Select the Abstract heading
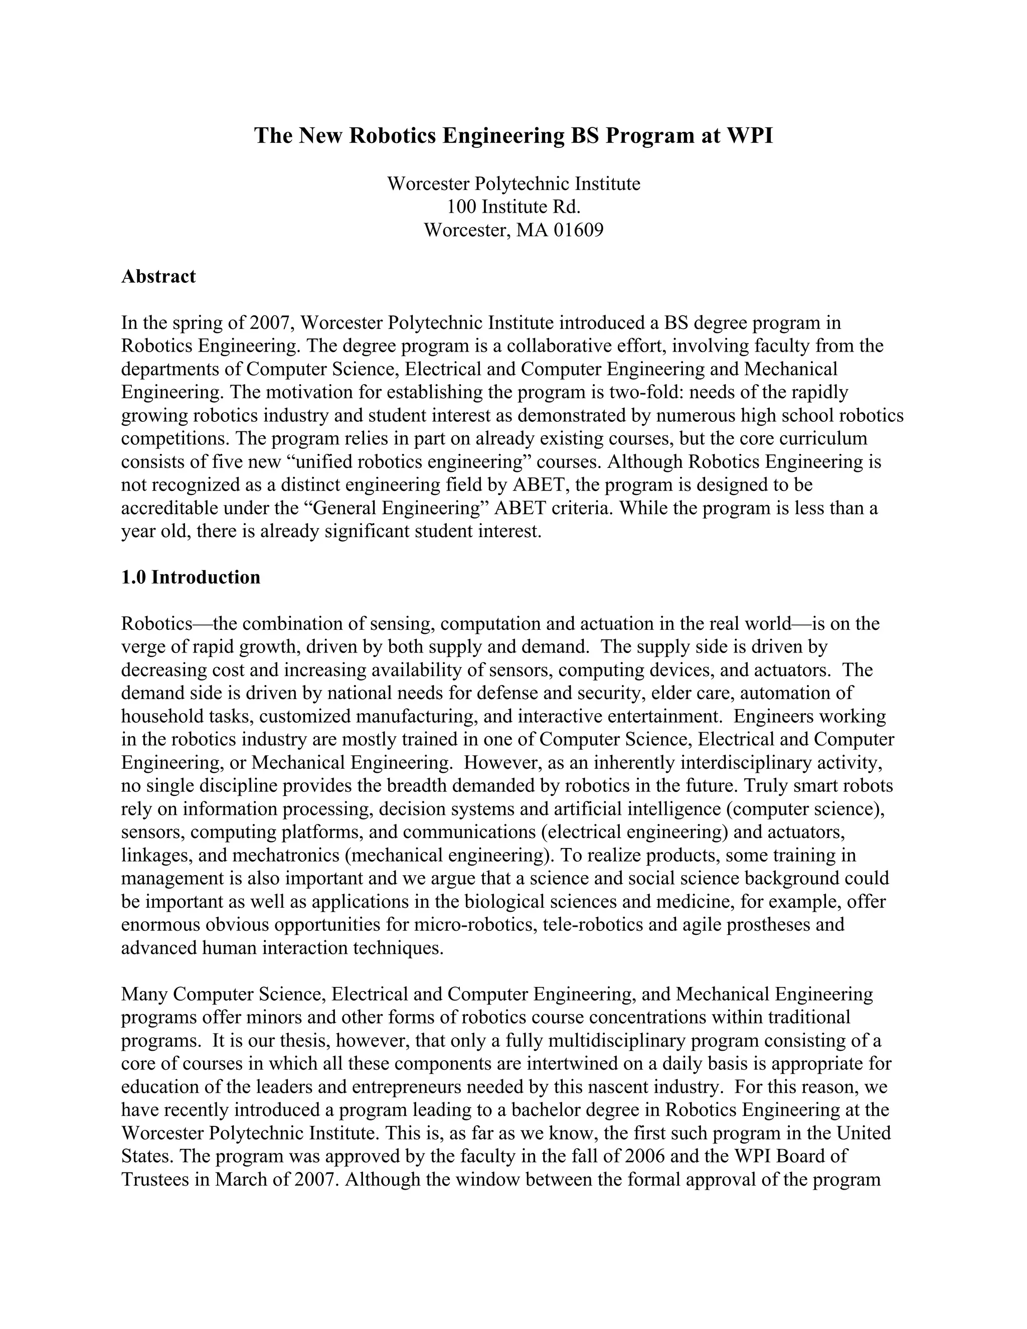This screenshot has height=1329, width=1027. pyautogui.click(x=158, y=276)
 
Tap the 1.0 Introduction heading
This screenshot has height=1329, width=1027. pyautogui.click(x=191, y=577)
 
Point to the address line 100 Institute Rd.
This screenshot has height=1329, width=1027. pyautogui.click(x=513, y=207)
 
